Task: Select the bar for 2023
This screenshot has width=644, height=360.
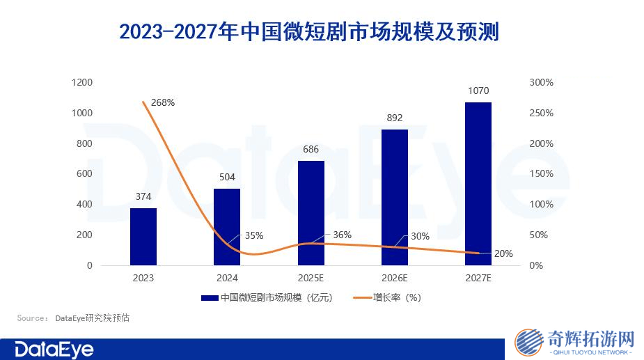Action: pos(143,237)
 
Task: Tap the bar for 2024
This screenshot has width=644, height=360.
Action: pos(227,227)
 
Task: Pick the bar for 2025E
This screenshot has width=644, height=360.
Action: pos(311,213)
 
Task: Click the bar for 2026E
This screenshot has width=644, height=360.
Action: pos(394,197)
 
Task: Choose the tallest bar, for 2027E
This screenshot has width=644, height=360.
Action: pos(478,184)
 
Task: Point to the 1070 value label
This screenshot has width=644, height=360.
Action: pos(478,91)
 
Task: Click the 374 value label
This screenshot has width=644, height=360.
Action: pos(143,196)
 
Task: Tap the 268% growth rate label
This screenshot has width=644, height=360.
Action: pos(162,102)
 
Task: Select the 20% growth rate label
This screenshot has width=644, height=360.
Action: pos(503,253)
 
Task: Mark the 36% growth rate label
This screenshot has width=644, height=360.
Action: pos(342,235)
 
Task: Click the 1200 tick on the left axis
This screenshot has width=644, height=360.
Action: pos(82,82)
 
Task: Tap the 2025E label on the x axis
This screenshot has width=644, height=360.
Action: pos(311,278)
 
